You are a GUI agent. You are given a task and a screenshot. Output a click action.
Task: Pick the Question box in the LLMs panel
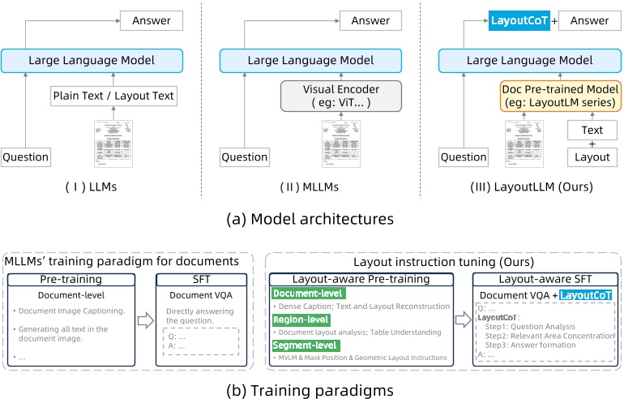coord(25,157)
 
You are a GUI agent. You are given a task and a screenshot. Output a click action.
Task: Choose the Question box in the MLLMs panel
coord(244,157)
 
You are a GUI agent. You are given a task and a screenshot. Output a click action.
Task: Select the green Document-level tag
coord(309,294)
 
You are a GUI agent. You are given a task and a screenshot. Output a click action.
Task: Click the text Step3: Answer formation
coord(534,343)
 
